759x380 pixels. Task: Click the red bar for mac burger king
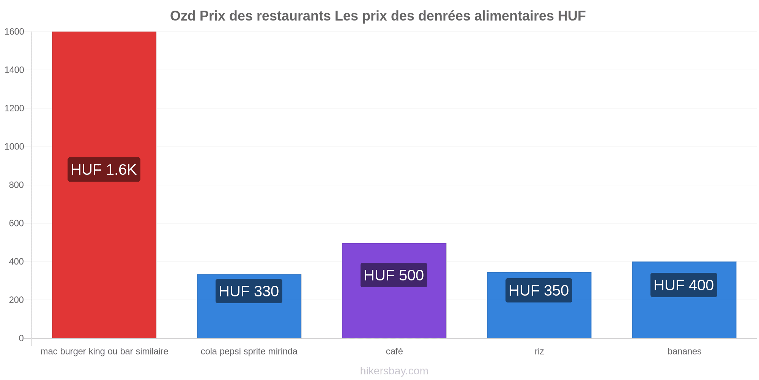pos(104,185)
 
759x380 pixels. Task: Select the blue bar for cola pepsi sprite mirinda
pos(249,306)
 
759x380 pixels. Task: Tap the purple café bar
pos(394,291)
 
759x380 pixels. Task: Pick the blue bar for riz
pos(539,305)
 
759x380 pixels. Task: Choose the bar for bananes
pos(684,300)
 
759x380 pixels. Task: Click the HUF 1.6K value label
pos(104,169)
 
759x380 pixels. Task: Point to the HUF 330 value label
pos(249,291)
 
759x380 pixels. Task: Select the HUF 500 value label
pos(394,275)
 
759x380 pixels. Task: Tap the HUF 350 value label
pos(539,290)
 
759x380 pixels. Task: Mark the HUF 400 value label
pos(684,285)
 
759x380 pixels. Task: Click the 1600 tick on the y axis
pos(14,32)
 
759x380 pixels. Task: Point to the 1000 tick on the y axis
pos(14,147)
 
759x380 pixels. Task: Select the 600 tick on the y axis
pos(16,223)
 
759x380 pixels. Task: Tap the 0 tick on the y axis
pos(21,338)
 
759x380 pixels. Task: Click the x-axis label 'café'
pos(394,351)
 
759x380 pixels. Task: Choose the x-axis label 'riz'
pos(539,351)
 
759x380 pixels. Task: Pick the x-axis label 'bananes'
pos(684,351)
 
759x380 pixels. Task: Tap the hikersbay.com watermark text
pos(394,371)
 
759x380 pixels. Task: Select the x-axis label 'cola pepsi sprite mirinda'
pos(249,351)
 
